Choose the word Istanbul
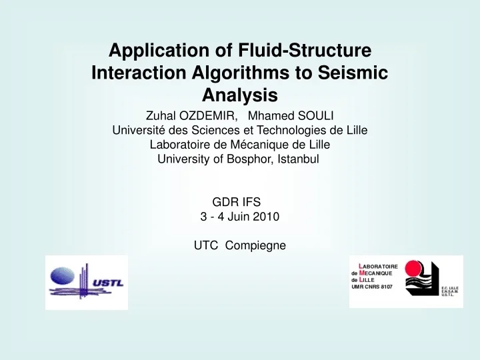tap(299, 159)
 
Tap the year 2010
tap(265, 217)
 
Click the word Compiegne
tap(255, 245)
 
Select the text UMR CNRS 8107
tap(372, 287)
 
